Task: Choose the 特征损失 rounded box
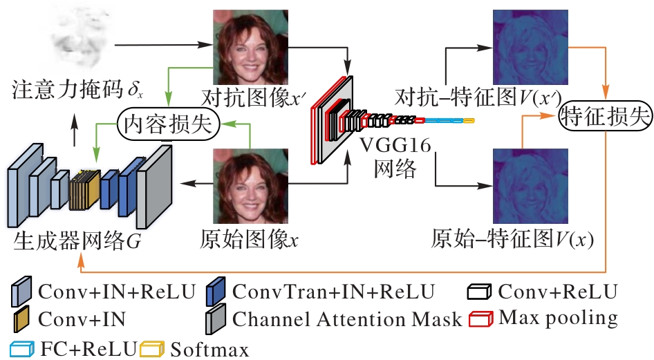point(605,114)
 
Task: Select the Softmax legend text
point(211,349)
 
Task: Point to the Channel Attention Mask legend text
point(346,319)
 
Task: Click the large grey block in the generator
point(153,186)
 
